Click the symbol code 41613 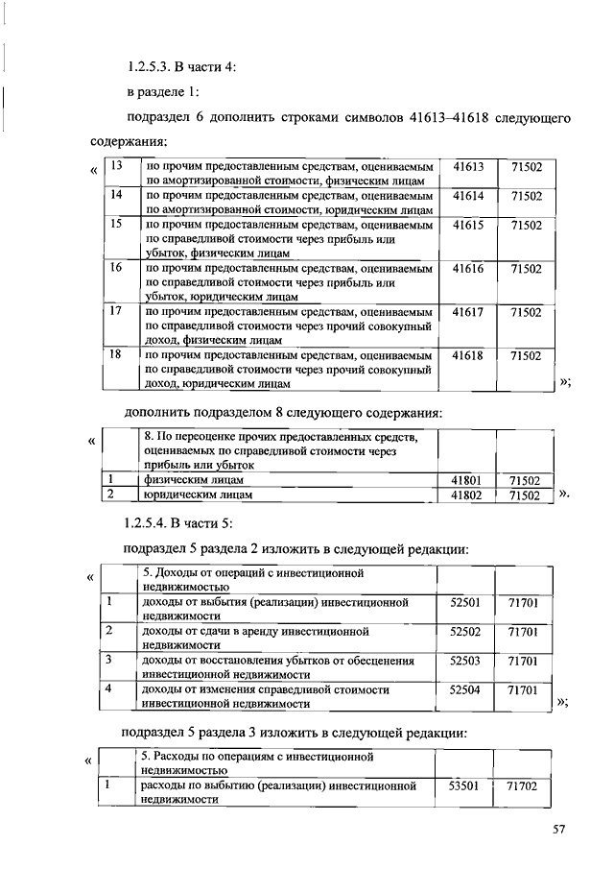467,167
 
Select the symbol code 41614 467,195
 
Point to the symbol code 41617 467,311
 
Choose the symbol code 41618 467,354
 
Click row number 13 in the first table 117,167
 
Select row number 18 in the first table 117,354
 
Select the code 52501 464,603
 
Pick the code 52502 464,632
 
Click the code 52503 464,661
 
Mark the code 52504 464,689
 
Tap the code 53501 464,785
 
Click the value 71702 524,786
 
